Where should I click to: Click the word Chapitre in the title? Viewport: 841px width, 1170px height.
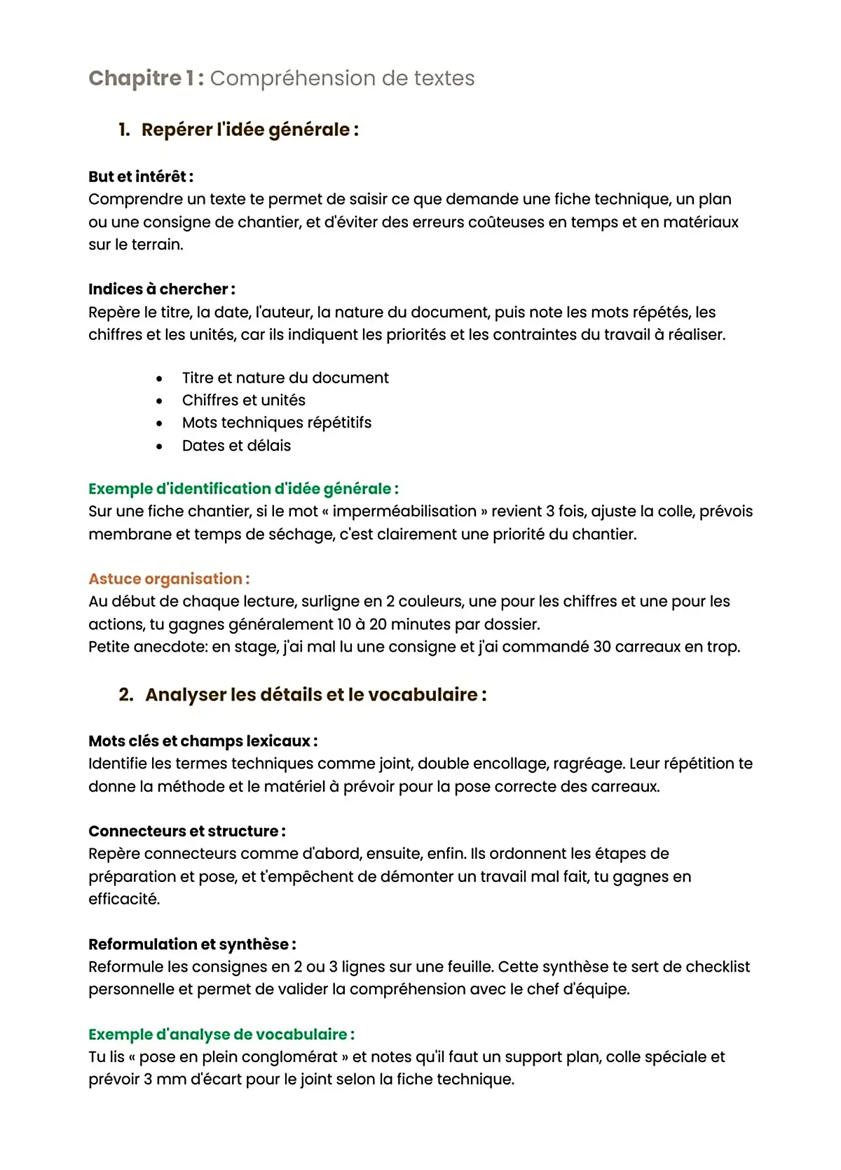(x=135, y=78)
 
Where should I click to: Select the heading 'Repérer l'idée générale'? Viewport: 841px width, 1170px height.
(x=249, y=130)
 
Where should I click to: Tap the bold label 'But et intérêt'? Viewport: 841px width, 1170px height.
(x=140, y=177)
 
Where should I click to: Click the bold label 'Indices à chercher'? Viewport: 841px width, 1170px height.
(x=161, y=289)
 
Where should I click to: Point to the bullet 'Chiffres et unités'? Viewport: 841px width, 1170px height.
(x=243, y=400)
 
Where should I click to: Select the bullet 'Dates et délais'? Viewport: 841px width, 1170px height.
(x=236, y=446)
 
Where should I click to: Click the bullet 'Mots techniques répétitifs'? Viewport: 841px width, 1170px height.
(x=276, y=422)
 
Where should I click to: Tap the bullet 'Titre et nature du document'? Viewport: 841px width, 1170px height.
(x=285, y=378)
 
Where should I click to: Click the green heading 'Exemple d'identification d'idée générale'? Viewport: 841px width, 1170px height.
(x=243, y=489)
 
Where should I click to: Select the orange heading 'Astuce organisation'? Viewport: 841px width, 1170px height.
(x=168, y=579)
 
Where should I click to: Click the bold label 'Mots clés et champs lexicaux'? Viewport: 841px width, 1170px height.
(x=203, y=741)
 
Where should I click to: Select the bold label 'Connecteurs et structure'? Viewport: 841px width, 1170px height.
(x=186, y=832)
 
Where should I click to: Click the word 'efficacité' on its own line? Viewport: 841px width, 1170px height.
(x=123, y=899)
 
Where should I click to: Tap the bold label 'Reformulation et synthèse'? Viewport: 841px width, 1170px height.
(x=191, y=944)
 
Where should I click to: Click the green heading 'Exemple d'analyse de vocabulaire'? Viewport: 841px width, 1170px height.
(x=221, y=1035)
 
